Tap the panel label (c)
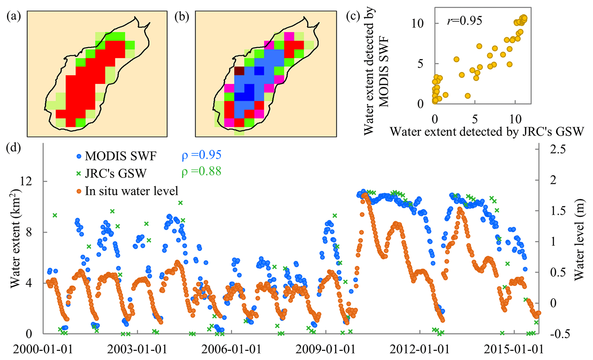[x=353, y=17]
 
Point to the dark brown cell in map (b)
[x=239, y=71]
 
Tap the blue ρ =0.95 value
[x=201, y=155]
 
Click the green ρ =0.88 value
[x=201, y=172]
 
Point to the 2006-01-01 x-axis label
[x=231, y=349]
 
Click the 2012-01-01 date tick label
[x=420, y=349]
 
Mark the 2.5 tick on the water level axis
[x=558, y=149]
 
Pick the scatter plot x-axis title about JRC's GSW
[x=487, y=132]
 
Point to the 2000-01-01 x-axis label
[x=43, y=349]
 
